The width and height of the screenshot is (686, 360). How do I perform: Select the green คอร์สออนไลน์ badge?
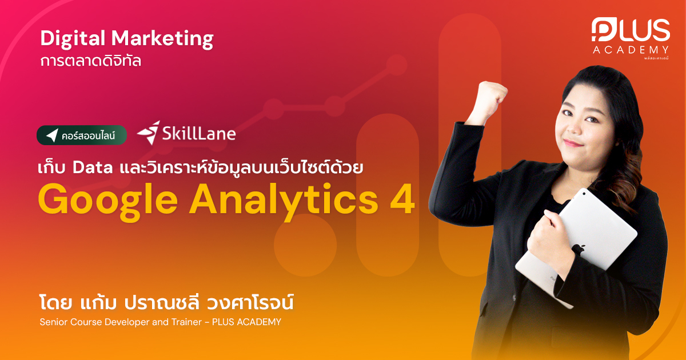tap(82, 135)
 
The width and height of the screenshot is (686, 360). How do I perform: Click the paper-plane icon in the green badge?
tap(52, 135)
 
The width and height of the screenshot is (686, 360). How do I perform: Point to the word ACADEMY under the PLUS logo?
tap(631, 50)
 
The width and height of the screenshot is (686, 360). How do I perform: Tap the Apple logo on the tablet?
tap(578, 249)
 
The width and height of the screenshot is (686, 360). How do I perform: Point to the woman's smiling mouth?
tap(572, 141)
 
